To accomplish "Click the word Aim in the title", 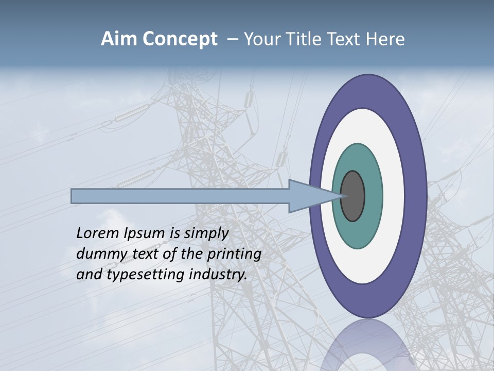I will click(x=118, y=39).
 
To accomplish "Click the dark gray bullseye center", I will click(x=353, y=196).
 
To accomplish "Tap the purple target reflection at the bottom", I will click(x=367, y=345).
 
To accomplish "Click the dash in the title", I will click(x=232, y=40).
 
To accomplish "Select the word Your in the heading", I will click(x=261, y=39).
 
